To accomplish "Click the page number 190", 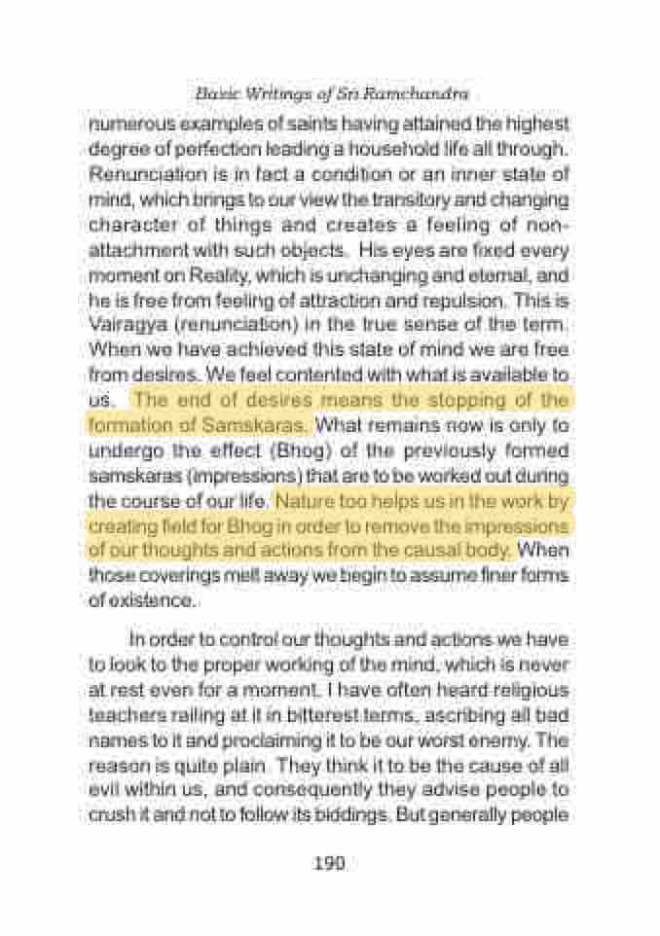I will click(x=330, y=862).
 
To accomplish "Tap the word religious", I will click(x=524, y=689).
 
